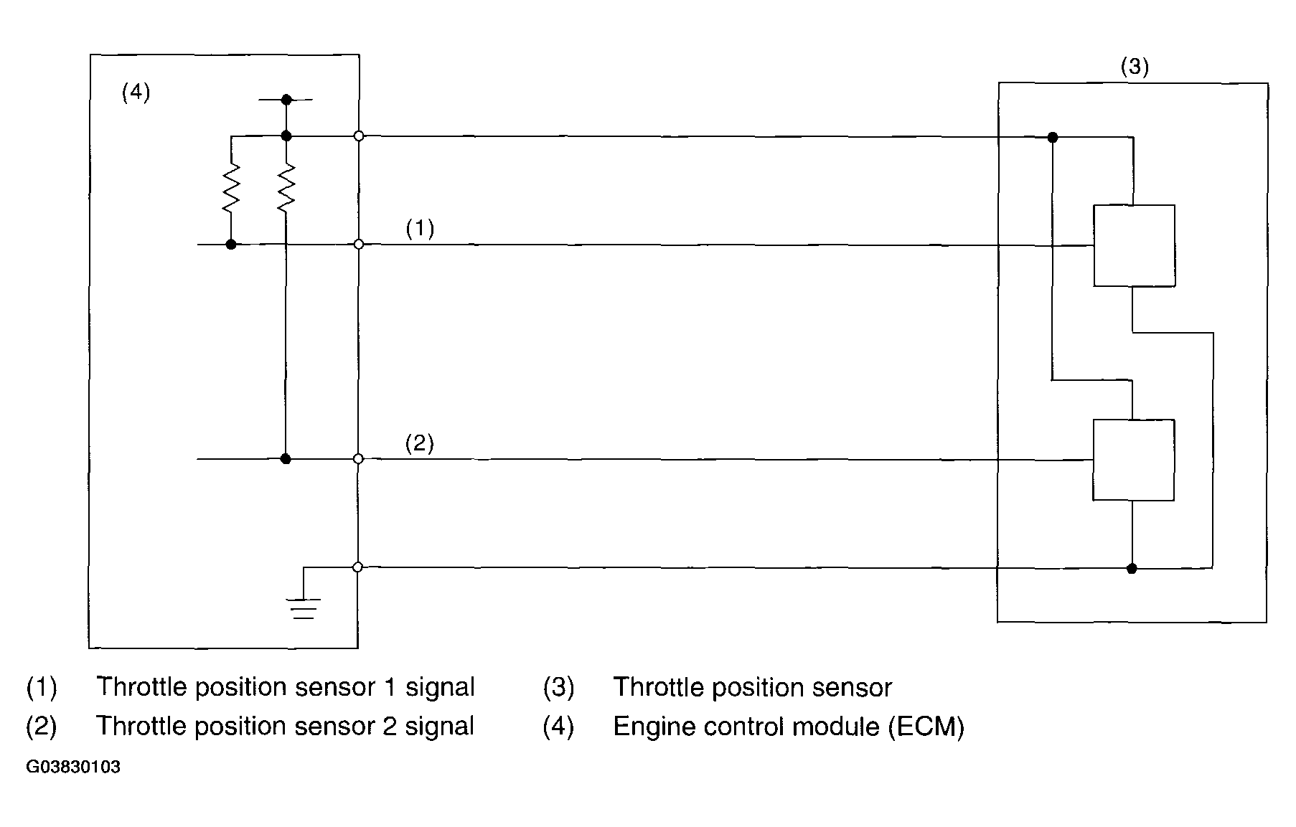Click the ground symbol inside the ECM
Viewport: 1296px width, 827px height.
click(x=304, y=608)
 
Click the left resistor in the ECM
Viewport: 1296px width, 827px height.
click(x=231, y=189)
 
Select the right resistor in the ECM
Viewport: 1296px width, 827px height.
click(x=286, y=189)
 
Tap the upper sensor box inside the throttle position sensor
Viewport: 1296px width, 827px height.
click(x=1134, y=246)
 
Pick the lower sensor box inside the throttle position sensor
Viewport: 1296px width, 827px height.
click(x=1133, y=460)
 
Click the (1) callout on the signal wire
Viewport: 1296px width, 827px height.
click(x=420, y=229)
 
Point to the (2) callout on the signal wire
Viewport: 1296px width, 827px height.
click(x=420, y=443)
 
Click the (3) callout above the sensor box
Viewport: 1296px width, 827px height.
click(x=1135, y=67)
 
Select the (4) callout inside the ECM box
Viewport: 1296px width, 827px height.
click(x=136, y=93)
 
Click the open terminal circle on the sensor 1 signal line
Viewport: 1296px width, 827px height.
click(x=359, y=245)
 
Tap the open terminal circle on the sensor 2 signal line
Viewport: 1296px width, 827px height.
click(x=359, y=459)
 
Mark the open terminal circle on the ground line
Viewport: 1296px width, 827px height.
click(x=357, y=567)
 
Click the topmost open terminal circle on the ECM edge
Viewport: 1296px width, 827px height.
click(x=359, y=136)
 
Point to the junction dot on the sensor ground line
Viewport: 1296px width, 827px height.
click(x=1132, y=569)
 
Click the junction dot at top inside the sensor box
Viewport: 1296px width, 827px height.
click(x=1052, y=137)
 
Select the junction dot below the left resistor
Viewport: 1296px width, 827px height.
click(x=231, y=245)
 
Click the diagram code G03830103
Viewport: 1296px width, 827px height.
click(x=73, y=767)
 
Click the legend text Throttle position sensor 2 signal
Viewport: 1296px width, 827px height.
click(x=285, y=727)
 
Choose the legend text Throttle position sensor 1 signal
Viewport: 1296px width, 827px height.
click(x=285, y=687)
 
